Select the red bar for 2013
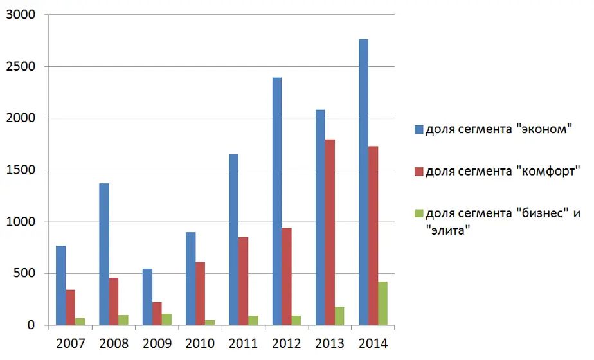pos(330,232)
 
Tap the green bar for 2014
pos(383,303)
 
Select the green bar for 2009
pos(166,319)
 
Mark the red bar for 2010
pos(200,293)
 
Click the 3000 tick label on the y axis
pos(21,15)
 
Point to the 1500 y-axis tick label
pos(21,170)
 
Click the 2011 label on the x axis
pos(243,343)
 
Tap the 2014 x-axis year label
pos(373,343)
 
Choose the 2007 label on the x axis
pos(70,343)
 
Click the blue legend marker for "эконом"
pos(419,130)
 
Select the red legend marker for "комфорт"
pos(419,172)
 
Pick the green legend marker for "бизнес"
pos(419,213)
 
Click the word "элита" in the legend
pos(449,230)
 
